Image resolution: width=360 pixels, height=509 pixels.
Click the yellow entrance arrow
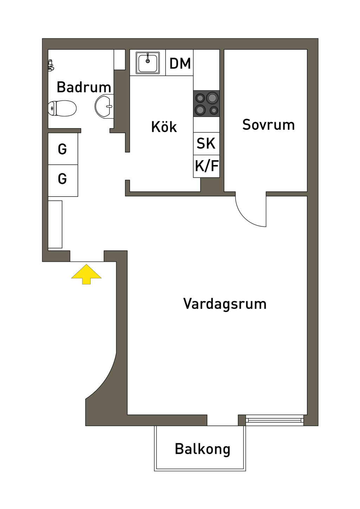tap(86, 275)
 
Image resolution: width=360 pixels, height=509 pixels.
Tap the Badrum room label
tap(84, 87)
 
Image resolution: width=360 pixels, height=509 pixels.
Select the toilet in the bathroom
tap(62, 108)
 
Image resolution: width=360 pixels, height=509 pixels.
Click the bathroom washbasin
tap(104, 105)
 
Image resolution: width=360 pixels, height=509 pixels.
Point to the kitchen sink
tap(148, 63)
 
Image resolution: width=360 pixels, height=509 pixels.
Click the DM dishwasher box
tap(180, 63)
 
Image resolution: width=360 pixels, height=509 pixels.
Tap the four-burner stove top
tap(206, 104)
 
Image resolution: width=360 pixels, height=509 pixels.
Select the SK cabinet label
tap(206, 143)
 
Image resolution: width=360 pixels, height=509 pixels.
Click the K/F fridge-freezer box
tap(206, 166)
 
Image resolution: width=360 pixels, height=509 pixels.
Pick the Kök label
tap(164, 127)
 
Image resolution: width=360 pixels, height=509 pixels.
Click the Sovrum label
tap(268, 125)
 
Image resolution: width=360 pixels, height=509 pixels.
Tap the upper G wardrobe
tap(63, 149)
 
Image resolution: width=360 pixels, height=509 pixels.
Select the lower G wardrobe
tap(63, 179)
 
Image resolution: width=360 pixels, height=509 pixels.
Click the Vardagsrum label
tap(225, 304)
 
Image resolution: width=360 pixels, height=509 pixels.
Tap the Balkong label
tap(202, 449)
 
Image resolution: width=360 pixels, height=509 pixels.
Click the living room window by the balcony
tap(274, 420)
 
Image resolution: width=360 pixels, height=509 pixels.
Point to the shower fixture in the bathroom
tap(51, 65)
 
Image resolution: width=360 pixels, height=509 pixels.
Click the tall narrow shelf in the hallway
tap(55, 224)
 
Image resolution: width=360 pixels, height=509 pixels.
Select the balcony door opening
tap(223, 420)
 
